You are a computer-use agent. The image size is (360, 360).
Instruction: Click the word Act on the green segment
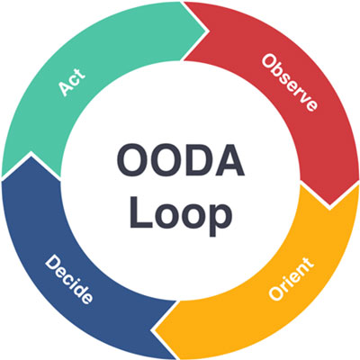pyautogui.click(x=72, y=83)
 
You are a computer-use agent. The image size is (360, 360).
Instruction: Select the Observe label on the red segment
pyautogui.click(x=289, y=83)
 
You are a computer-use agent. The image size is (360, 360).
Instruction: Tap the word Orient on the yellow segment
pyautogui.click(x=291, y=279)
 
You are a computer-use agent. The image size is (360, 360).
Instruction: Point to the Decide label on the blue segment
pyautogui.click(x=68, y=279)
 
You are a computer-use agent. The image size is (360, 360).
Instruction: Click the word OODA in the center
pyautogui.click(x=181, y=160)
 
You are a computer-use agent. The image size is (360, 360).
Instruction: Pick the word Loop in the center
pyautogui.click(x=181, y=211)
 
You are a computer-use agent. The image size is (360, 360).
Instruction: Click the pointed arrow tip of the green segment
pyautogui.click(x=206, y=31)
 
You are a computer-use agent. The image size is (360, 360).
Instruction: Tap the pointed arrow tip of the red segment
pyautogui.click(x=329, y=207)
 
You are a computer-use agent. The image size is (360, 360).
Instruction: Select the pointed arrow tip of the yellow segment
pyautogui.click(x=154, y=329)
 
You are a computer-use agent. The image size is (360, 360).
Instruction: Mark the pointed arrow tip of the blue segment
pyautogui.click(x=31, y=154)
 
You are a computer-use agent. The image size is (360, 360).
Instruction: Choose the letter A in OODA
pyautogui.click(x=230, y=160)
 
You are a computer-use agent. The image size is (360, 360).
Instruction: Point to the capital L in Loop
pyautogui.click(x=139, y=211)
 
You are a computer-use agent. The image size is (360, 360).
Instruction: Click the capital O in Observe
pyautogui.click(x=268, y=61)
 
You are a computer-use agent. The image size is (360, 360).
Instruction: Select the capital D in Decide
pyautogui.click(x=52, y=262)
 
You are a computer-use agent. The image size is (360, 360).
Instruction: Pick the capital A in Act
pyautogui.click(x=65, y=89)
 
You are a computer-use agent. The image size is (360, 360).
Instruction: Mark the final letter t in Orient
pyautogui.click(x=309, y=263)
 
